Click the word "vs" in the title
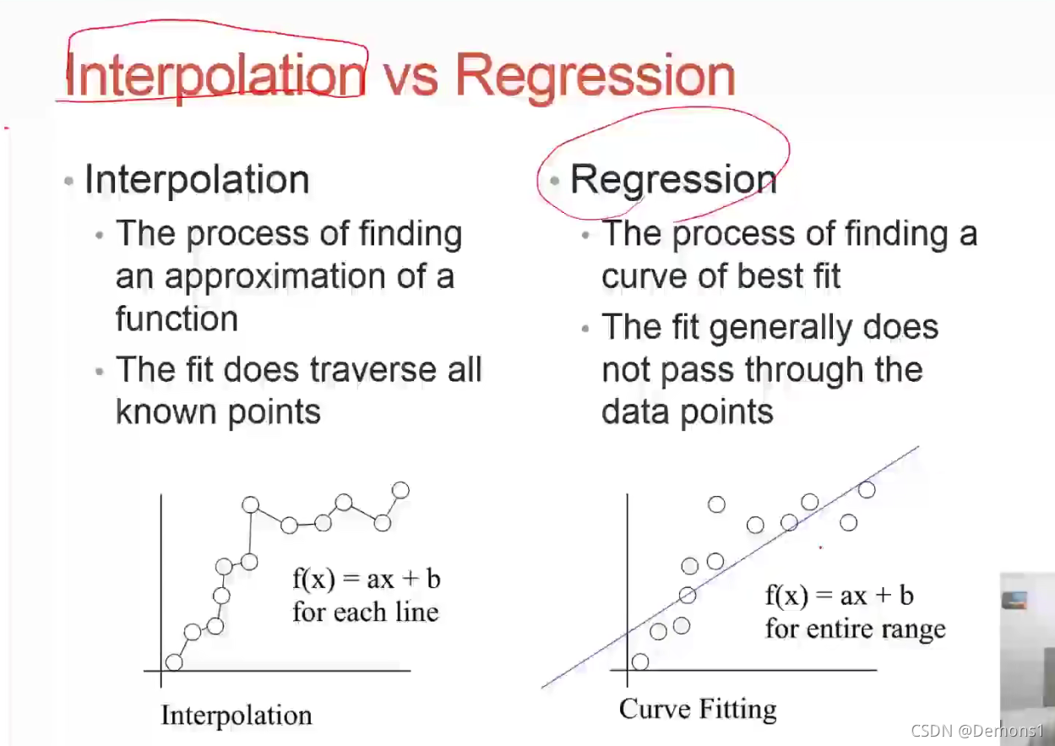click(411, 75)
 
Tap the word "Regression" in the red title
click(595, 76)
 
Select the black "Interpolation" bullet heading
click(197, 179)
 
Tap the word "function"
click(177, 319)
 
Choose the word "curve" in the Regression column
click(645, 276)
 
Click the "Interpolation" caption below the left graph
click(237, 716)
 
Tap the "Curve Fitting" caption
click(698, 710)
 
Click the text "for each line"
click(366, 613)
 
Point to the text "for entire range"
click(856, 629)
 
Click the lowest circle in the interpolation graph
click(174, 662)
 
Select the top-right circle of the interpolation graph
click(400, 490)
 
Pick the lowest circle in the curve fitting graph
click(640, 662)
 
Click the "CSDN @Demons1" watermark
click(978, 731)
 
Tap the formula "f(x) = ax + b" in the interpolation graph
click(367, 579)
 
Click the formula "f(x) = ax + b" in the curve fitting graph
click(840, 596)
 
